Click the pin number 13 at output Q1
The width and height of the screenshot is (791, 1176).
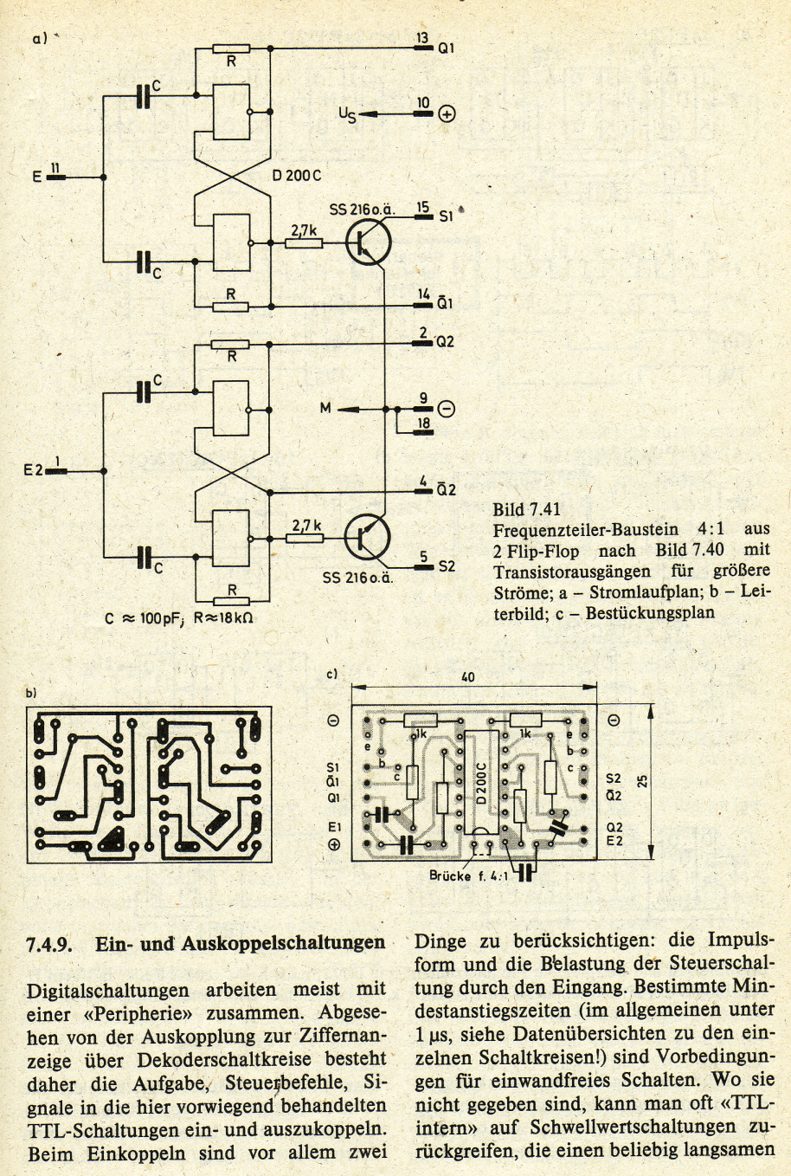(422, 37)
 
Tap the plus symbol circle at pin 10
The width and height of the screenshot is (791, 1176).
(447, 114)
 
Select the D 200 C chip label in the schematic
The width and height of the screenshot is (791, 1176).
(296, 177)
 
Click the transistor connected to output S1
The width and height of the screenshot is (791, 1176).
(369, 242)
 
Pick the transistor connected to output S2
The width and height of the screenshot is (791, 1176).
(368, 537)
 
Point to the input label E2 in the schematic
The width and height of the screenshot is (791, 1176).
(33, 470)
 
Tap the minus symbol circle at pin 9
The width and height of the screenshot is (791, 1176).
(446, 409)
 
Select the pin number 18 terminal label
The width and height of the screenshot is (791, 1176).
(423, 423)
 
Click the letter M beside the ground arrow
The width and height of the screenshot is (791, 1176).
(325, 408)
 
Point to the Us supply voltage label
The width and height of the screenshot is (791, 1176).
(347, 114)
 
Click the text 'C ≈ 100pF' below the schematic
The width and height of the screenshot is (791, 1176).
(142, 618)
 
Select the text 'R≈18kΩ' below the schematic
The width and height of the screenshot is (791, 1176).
(224, 618)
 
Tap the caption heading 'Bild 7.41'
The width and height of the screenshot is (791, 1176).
(527, 508)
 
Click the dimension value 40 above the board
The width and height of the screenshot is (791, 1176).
(467, 676)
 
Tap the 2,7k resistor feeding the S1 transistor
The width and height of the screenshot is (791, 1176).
(305, 243)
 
